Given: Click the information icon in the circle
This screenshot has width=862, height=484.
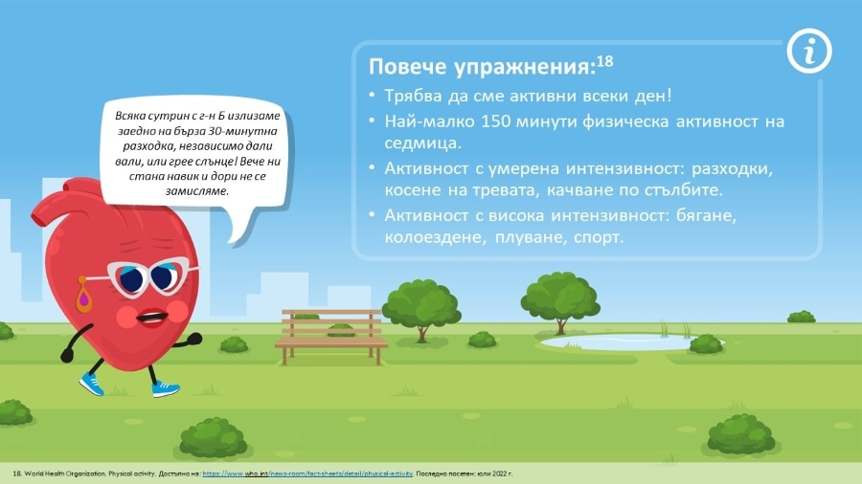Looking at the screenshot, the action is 808,52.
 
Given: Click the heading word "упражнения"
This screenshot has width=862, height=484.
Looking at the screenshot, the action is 525,67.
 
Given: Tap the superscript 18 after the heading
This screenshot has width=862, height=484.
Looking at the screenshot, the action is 604,60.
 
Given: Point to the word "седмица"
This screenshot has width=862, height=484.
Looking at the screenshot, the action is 420,143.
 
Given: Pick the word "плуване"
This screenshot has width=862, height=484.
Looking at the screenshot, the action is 530,238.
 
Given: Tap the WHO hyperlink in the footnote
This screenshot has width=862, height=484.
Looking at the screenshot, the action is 307,473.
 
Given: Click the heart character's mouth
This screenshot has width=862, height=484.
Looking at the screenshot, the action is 151,318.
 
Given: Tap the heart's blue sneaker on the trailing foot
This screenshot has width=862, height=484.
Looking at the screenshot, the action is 91,385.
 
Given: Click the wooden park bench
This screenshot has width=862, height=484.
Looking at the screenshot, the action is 331,337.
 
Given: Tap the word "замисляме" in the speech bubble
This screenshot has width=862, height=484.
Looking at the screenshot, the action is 196,191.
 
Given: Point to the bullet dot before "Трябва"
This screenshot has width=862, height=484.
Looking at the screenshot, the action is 372,96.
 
